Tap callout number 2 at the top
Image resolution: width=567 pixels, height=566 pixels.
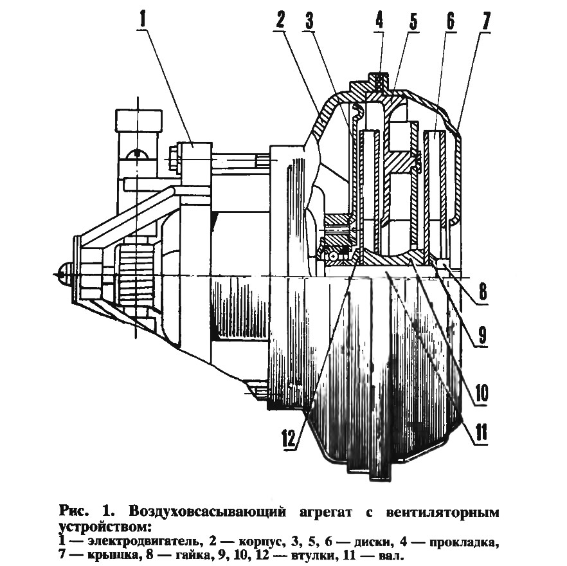click(280, 21)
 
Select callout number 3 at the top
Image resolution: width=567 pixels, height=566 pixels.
click(310, 21)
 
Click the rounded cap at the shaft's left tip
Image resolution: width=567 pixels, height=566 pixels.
click(62, 274)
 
